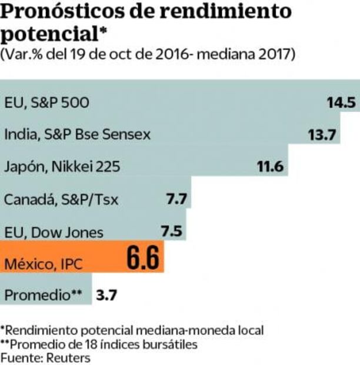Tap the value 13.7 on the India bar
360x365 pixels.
[321, 135]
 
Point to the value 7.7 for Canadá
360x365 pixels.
[176, 199]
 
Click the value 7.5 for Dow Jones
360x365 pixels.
[172, 231]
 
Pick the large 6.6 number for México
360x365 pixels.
[141, 259]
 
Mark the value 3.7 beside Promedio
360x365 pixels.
[106, 295]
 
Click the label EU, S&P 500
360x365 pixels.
[46, 102]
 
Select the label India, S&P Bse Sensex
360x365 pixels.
[77, 135]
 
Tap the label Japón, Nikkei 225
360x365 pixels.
[62, 167]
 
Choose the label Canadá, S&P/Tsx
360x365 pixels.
[61, 200]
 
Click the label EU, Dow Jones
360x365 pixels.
[54, 232]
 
